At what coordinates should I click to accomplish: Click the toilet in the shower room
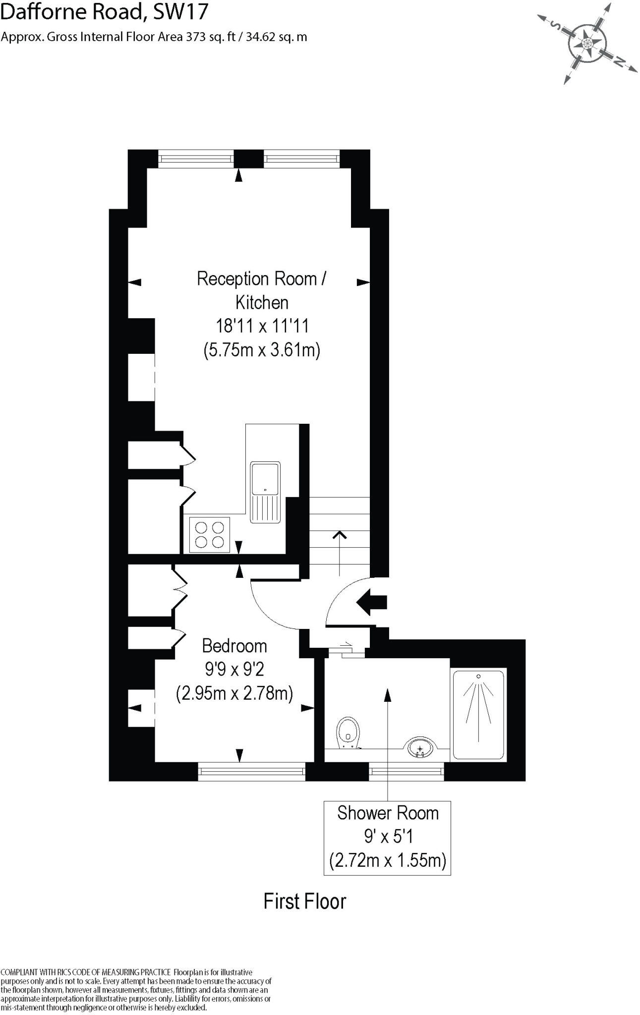pos(348,733)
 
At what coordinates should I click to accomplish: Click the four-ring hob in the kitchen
pos(209,535)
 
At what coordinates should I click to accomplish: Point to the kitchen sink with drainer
pos(265,492)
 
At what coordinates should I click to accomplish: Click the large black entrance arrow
pos(371,602)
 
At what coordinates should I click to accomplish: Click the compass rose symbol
pos(587,44)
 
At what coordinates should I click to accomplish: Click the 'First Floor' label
pos(304,902)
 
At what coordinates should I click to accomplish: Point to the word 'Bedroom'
pos(234,646)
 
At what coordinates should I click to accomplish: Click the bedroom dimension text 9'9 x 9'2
pos(234,669)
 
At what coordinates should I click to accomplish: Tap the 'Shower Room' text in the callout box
pos(388,813)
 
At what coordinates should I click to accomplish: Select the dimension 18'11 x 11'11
pos(262,326)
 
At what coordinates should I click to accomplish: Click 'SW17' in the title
pos(180,12)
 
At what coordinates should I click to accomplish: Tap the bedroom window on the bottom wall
pos(251,771)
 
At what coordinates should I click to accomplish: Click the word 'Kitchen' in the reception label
pos(262,302)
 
